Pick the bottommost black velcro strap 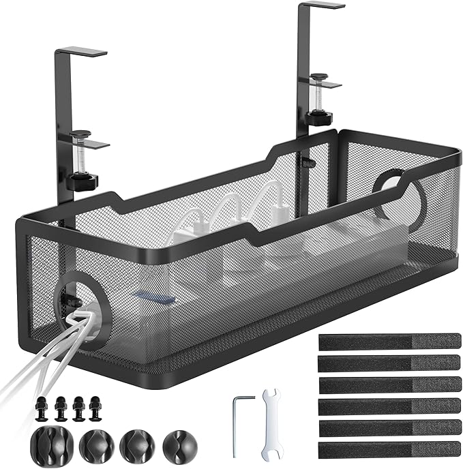tap(390, 449)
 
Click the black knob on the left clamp tap(83, 182)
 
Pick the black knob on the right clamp tap(317, 119)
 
